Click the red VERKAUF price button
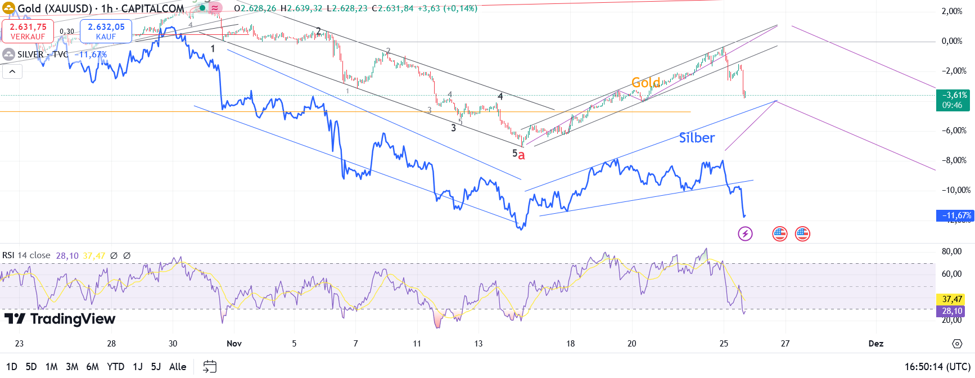(28, 31)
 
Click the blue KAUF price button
(106, 31)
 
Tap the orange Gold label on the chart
(646, 83)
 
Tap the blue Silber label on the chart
(697, 138)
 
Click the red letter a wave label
(521, 155)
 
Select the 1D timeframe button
(11, 367)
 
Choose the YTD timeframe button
(115, 367)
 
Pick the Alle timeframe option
(178, 367)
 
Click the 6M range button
(92, 367)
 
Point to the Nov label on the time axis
(234, 343)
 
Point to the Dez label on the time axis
(875, 343)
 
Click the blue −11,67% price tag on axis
(954, 215)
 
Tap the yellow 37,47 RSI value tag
(952, 299)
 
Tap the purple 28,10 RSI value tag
(952, 311)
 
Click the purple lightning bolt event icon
(745, 233)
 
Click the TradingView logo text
(60, 319)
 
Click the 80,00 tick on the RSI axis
(951, 251)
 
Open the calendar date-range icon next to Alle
(210, 367)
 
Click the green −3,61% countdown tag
(953, 100)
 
